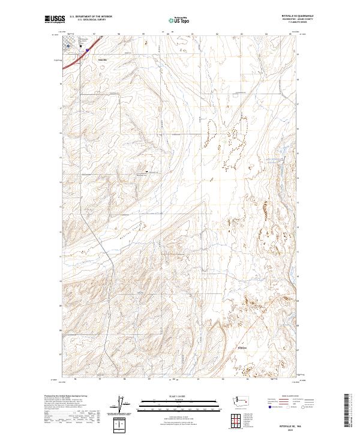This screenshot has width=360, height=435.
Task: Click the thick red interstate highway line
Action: coord(76,59)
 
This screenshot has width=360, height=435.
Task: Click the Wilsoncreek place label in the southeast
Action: coord(242,347)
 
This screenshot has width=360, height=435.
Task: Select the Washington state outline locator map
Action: coord(244,400)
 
